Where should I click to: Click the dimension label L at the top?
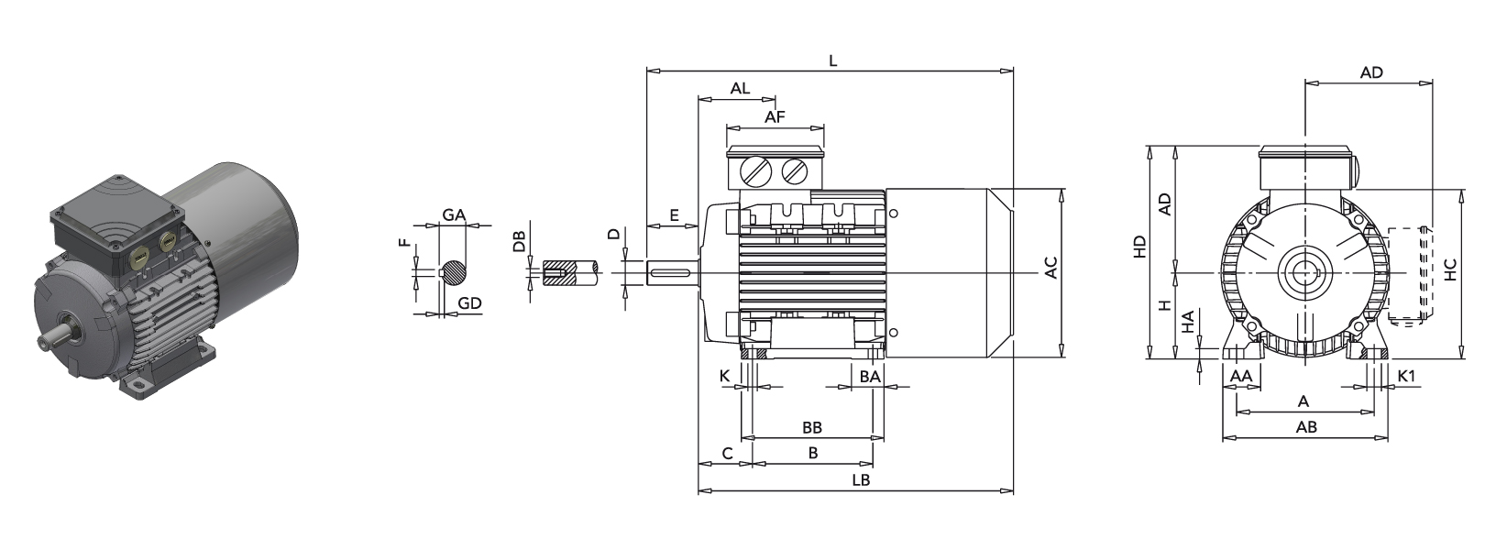(x=832, y=60)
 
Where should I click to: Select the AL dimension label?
(x=740, y=89)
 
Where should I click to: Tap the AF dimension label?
(x=775, y=117)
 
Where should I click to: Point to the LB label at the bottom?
(x=860, y=480)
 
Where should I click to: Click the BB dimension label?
(x=811, y=428)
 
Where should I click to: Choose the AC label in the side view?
(x=1051, y=268)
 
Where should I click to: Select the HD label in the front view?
(x=1139, y=247)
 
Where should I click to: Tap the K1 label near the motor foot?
(x=1406, y=376)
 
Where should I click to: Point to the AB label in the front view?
(x=1306, y=427)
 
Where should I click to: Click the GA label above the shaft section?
(x=453, y=214)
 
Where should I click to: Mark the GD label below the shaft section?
(x=469, y=303)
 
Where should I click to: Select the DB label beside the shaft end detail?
(x=520, y=241)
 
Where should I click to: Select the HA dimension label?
(x=1187, y=323)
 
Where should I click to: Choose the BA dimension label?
(x=869, y=376)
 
